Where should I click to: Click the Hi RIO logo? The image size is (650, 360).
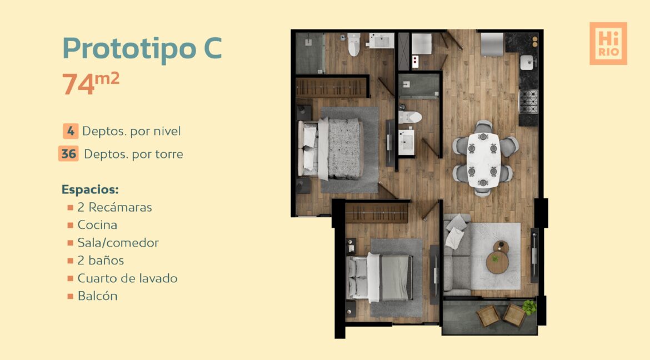[608, 43]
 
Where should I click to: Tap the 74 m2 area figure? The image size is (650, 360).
[91, 83]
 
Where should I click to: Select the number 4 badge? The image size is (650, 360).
[71, 131]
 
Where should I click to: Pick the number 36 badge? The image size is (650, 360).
[68, 154]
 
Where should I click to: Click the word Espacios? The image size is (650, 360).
[90, 189]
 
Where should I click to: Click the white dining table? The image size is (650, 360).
[484, 160]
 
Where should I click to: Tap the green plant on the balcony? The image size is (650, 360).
[529, 307]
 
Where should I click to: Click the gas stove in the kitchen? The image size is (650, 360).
[528, 101]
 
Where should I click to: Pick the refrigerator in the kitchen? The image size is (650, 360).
[492, 44]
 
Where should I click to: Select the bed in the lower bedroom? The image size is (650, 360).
[379, 277]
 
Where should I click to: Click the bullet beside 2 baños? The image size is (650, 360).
[71, 261]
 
